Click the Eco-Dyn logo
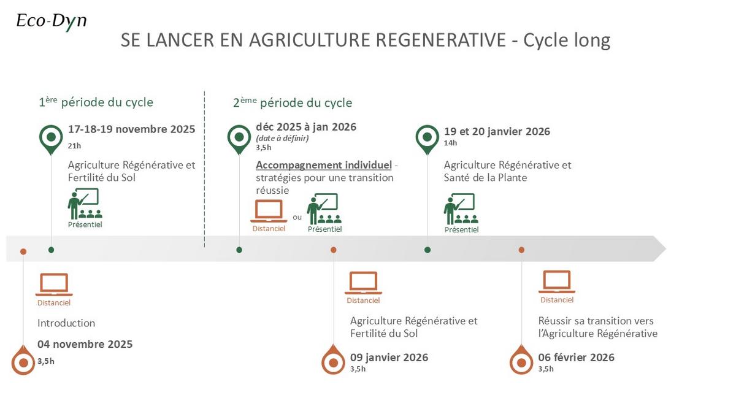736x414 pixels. click(52, 21)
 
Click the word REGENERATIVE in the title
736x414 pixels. click(440, 40)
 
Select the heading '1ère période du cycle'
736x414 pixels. click(96, 102)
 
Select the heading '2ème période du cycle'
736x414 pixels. click(293, 102)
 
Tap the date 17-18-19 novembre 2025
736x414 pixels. click(131, 129)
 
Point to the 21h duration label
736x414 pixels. click(74, 146)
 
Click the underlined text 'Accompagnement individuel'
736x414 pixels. click(324, 165)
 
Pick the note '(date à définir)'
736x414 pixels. click(282, 139)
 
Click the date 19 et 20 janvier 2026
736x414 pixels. click(497, 131)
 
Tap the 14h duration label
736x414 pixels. click(450, 143)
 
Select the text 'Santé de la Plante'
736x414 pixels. click(485, 178)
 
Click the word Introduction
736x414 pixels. click(66, 323)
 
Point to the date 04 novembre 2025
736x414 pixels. click(85, 344)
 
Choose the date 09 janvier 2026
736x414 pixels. click(389, 357)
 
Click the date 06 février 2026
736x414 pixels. click(576, 357)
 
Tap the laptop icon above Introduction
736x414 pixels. click(54, 285)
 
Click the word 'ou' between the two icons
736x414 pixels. click(297, 217)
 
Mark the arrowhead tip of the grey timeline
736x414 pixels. click(665, 249)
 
